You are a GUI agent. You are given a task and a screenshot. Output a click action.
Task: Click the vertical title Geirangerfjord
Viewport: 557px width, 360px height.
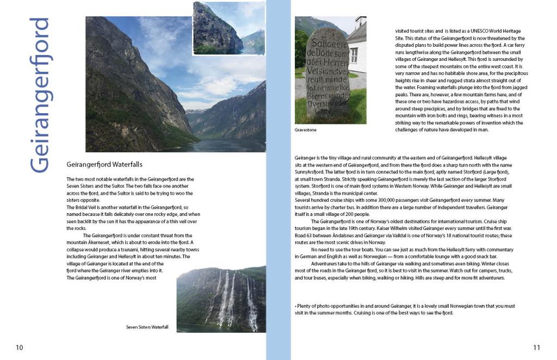pos(40,95)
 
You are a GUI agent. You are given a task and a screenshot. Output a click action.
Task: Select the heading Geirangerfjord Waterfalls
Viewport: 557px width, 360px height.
pos(104,164)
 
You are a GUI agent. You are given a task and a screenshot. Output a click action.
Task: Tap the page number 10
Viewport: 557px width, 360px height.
pos(19,347)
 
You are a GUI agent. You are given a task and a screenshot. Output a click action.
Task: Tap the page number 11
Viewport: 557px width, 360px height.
pos(537,347)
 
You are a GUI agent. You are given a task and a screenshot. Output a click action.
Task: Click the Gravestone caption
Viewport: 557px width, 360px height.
pos(305,131)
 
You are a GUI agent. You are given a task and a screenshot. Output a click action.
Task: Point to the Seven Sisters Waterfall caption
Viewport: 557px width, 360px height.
pos(147,327)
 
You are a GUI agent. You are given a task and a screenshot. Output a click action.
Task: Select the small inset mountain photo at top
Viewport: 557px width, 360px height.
pos(228,28)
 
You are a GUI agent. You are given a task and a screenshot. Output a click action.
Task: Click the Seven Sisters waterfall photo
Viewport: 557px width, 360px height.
pos(221,300)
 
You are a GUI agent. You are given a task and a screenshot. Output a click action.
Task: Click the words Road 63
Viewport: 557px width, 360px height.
pos(304,235)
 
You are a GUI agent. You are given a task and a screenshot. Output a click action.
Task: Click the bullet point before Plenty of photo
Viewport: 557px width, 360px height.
pos(295,307)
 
